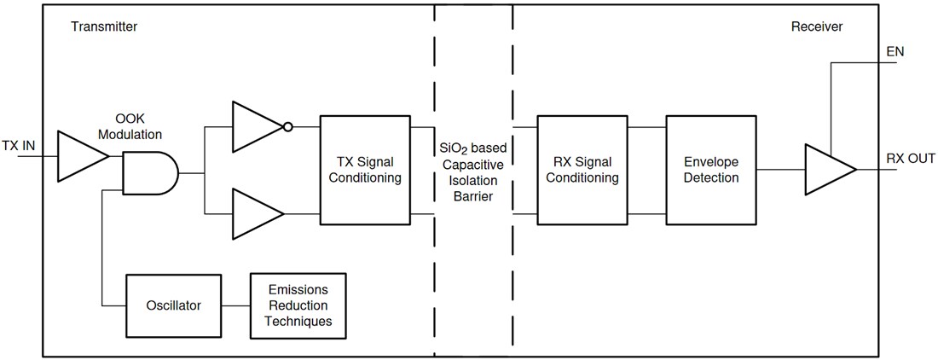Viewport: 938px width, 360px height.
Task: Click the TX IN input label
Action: pyautogui.click(x=18, y=146)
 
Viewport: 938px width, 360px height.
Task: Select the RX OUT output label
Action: pyautogui.click(x=911, y=159)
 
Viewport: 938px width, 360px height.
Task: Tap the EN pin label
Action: pyautogui.click(x=895, y=52)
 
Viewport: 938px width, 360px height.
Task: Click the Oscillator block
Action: pyautogui.click(x=174, y=305)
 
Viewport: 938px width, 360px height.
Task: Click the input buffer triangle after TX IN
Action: pyautogui.click(x=79, y=156)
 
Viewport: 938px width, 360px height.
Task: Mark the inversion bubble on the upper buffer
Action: pyautogui.click(x=288, y=128)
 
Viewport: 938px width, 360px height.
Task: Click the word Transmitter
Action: pyautogui.click(x=103, y=27)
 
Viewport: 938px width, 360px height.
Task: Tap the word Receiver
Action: pyautogui.click(x=816, y=27)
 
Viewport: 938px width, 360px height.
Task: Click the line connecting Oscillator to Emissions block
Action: pyautogui.click(x=235, y=305)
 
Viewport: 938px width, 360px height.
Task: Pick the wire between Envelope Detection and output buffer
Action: pyautogui.click(x=779, y=169)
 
